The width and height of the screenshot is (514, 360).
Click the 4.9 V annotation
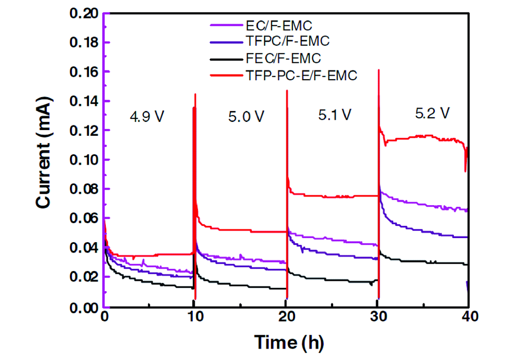click(147, 116)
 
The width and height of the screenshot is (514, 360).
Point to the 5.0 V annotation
click(247, 116)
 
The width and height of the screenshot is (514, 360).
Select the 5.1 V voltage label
click(334, 114)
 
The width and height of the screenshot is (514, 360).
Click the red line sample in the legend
click(225, 75)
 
